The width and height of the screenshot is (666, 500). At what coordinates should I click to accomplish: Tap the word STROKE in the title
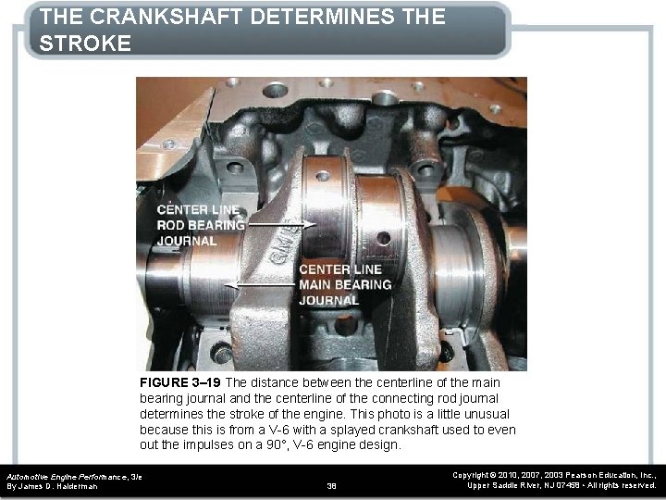click(86, 44)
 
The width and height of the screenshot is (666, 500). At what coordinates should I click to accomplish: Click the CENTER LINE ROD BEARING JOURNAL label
click(200, 225)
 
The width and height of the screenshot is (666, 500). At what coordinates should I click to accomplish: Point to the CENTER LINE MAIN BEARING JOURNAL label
click(344, 284)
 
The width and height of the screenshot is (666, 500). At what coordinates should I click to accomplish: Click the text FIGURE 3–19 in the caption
click(180, 382)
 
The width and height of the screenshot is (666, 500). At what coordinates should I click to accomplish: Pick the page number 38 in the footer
click(333, 485)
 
